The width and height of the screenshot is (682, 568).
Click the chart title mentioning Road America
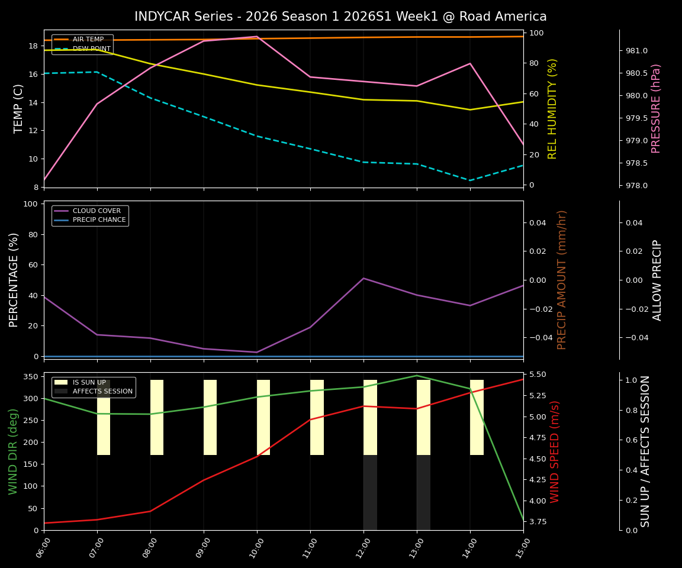pyautogui.click(x=340, y=17)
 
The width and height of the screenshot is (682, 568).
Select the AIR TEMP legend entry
pyautogui.click(x=88, y=40)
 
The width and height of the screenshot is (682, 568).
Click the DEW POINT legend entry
pyautogui.click(x=91, y=49)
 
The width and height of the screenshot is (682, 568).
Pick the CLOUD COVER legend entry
pyautogui.click(x=96, y=211)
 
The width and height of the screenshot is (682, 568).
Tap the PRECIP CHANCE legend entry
pyautogui.click(x=99, y=220)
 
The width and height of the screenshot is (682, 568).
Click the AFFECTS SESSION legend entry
pyautogui.click(x=102, y=392)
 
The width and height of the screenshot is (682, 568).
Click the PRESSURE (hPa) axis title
pyautogui.click(x=656, y=108)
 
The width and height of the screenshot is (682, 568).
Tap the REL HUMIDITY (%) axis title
pyautogui.click(x=553, y=108)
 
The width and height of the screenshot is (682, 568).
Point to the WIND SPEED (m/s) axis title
pyautogui.click(x=555, y=451)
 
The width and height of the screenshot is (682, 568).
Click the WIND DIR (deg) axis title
pyautogui.click(x=13, y=451)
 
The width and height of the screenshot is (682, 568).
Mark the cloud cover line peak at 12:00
pyautogui.click(x=363, y=278)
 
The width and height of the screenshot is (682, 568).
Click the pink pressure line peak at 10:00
pyautogui.click(x=257, y=37)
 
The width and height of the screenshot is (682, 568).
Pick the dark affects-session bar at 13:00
pyautogui.click(x=423, y=492)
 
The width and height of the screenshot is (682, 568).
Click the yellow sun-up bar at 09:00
pyautogui.click(x=210, y=417)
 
